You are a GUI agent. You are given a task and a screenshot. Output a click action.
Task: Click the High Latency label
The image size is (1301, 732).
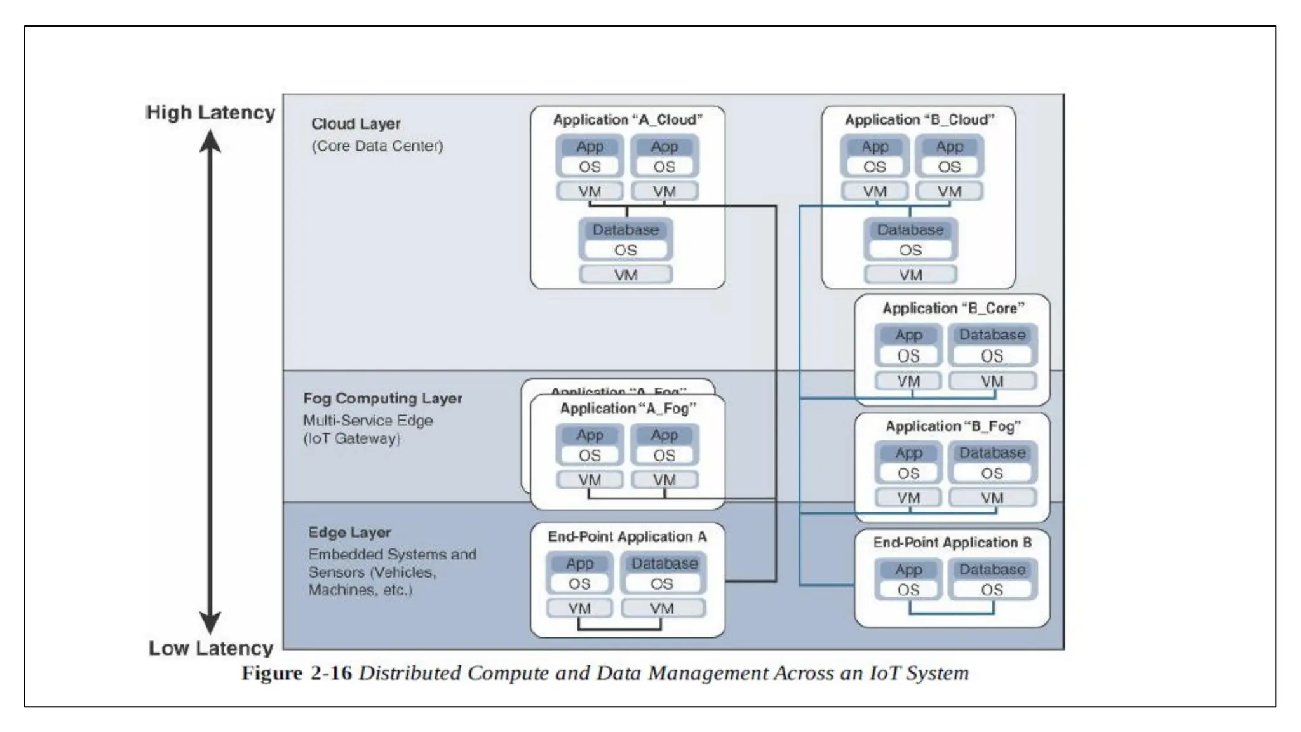tap(210, 112)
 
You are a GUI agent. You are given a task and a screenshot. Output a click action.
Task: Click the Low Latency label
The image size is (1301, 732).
tap(210, 648)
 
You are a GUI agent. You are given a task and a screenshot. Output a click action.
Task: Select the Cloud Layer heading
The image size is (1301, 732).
tap(356, 124)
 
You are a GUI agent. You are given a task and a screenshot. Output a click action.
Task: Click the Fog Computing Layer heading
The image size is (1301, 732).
tap(382, 398)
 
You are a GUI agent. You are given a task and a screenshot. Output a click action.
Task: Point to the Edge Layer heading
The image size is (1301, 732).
tap(349, 532)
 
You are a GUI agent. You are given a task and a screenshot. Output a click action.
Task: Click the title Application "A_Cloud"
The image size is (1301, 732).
tap(627, 120)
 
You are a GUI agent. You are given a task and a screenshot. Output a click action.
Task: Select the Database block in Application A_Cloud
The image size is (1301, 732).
tap(626, 230)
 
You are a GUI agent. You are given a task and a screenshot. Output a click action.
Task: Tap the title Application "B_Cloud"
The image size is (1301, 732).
tap(919, 120)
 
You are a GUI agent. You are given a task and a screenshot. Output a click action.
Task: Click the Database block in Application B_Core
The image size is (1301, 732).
tap(992, 335)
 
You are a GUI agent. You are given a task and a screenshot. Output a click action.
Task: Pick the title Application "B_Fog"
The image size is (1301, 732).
tap(952, 426)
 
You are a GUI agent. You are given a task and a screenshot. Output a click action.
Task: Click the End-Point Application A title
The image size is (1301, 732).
tap(627, 537)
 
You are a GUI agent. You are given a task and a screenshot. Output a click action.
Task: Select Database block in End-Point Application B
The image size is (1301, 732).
tap(992, 569)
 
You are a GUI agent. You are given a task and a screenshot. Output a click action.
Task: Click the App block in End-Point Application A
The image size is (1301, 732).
tap(579, 564)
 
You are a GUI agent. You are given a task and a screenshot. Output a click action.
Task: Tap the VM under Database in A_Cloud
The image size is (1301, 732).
tap(626, 275)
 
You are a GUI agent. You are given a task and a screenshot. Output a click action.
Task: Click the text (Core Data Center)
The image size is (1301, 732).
tap(377, 146)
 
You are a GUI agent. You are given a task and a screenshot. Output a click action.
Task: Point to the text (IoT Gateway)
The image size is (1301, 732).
tap(351, 438)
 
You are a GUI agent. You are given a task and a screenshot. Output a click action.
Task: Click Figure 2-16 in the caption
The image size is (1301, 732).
tap(296, 673)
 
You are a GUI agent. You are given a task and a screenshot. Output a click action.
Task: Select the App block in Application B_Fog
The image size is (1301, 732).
tap(908, 453)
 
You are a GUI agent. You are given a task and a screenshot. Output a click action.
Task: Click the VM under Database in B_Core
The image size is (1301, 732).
tap(992, 381)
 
